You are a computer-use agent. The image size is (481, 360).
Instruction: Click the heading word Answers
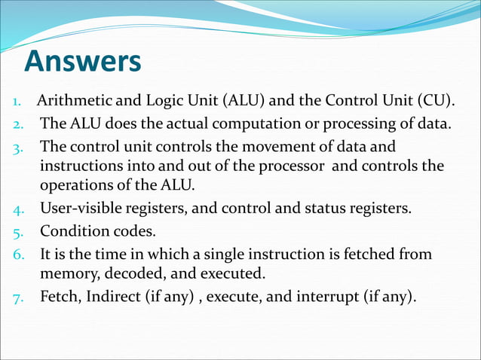click(x=82, y=62)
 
